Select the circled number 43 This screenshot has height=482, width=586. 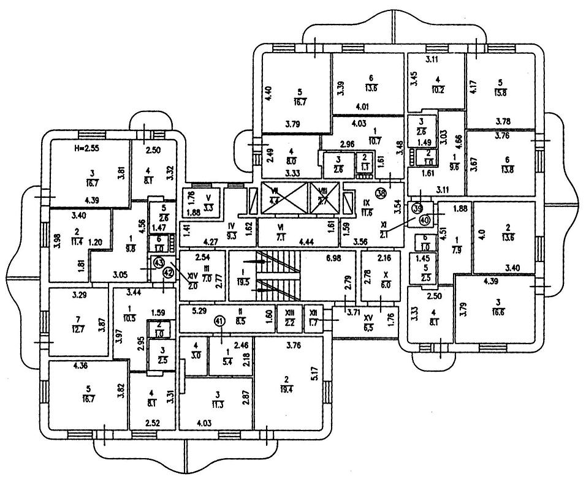tap(158, 263)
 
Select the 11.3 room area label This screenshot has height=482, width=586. tap(216, 399)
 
